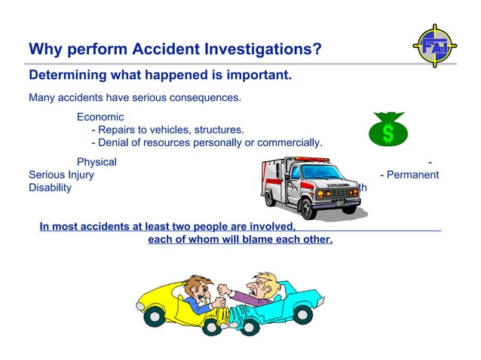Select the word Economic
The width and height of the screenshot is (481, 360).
pyautogui.click(x=100, y=117)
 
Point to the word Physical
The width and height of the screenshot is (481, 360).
pyautogui.click(x=97, y=161)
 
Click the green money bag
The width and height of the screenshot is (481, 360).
pyautogui.click(x=388, y=130)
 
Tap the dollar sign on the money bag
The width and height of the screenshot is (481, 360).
pyautogui.click(x=388, y=133)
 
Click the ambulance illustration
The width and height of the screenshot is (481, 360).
pyautogui.click(x=310, y=187)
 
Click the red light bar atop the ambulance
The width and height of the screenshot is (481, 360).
pyautogui.click(x=311, y=159)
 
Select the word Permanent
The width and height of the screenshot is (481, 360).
pyautogui.click(x=413, y=175)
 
